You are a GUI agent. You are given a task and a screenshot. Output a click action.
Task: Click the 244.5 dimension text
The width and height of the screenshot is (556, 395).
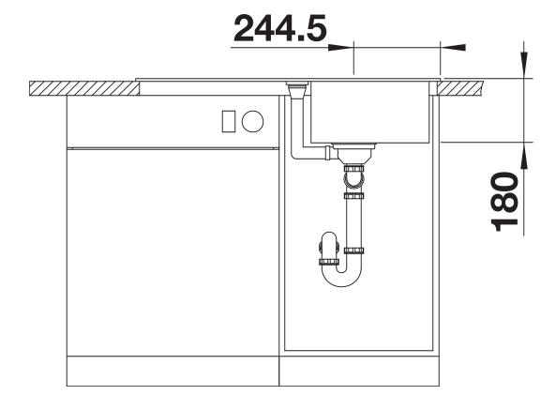point(279,28)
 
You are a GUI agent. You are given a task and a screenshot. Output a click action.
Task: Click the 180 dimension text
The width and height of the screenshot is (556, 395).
point(504,202)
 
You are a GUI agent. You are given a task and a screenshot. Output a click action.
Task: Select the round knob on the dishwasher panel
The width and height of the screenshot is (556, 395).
point(253,121)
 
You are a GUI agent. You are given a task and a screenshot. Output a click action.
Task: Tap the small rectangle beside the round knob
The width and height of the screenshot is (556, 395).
point(229,121)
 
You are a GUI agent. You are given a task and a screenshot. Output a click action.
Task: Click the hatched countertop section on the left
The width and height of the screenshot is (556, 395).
point(84,88)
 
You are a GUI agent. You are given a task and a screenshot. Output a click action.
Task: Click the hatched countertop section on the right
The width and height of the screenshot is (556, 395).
point(460,88)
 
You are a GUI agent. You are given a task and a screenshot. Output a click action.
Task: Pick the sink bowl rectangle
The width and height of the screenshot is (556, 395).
point(369,113)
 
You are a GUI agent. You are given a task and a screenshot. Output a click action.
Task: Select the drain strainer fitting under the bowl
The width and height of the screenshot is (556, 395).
point(353,152)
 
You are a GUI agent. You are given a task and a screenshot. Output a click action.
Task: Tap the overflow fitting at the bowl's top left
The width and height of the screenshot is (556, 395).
point(297,90)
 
